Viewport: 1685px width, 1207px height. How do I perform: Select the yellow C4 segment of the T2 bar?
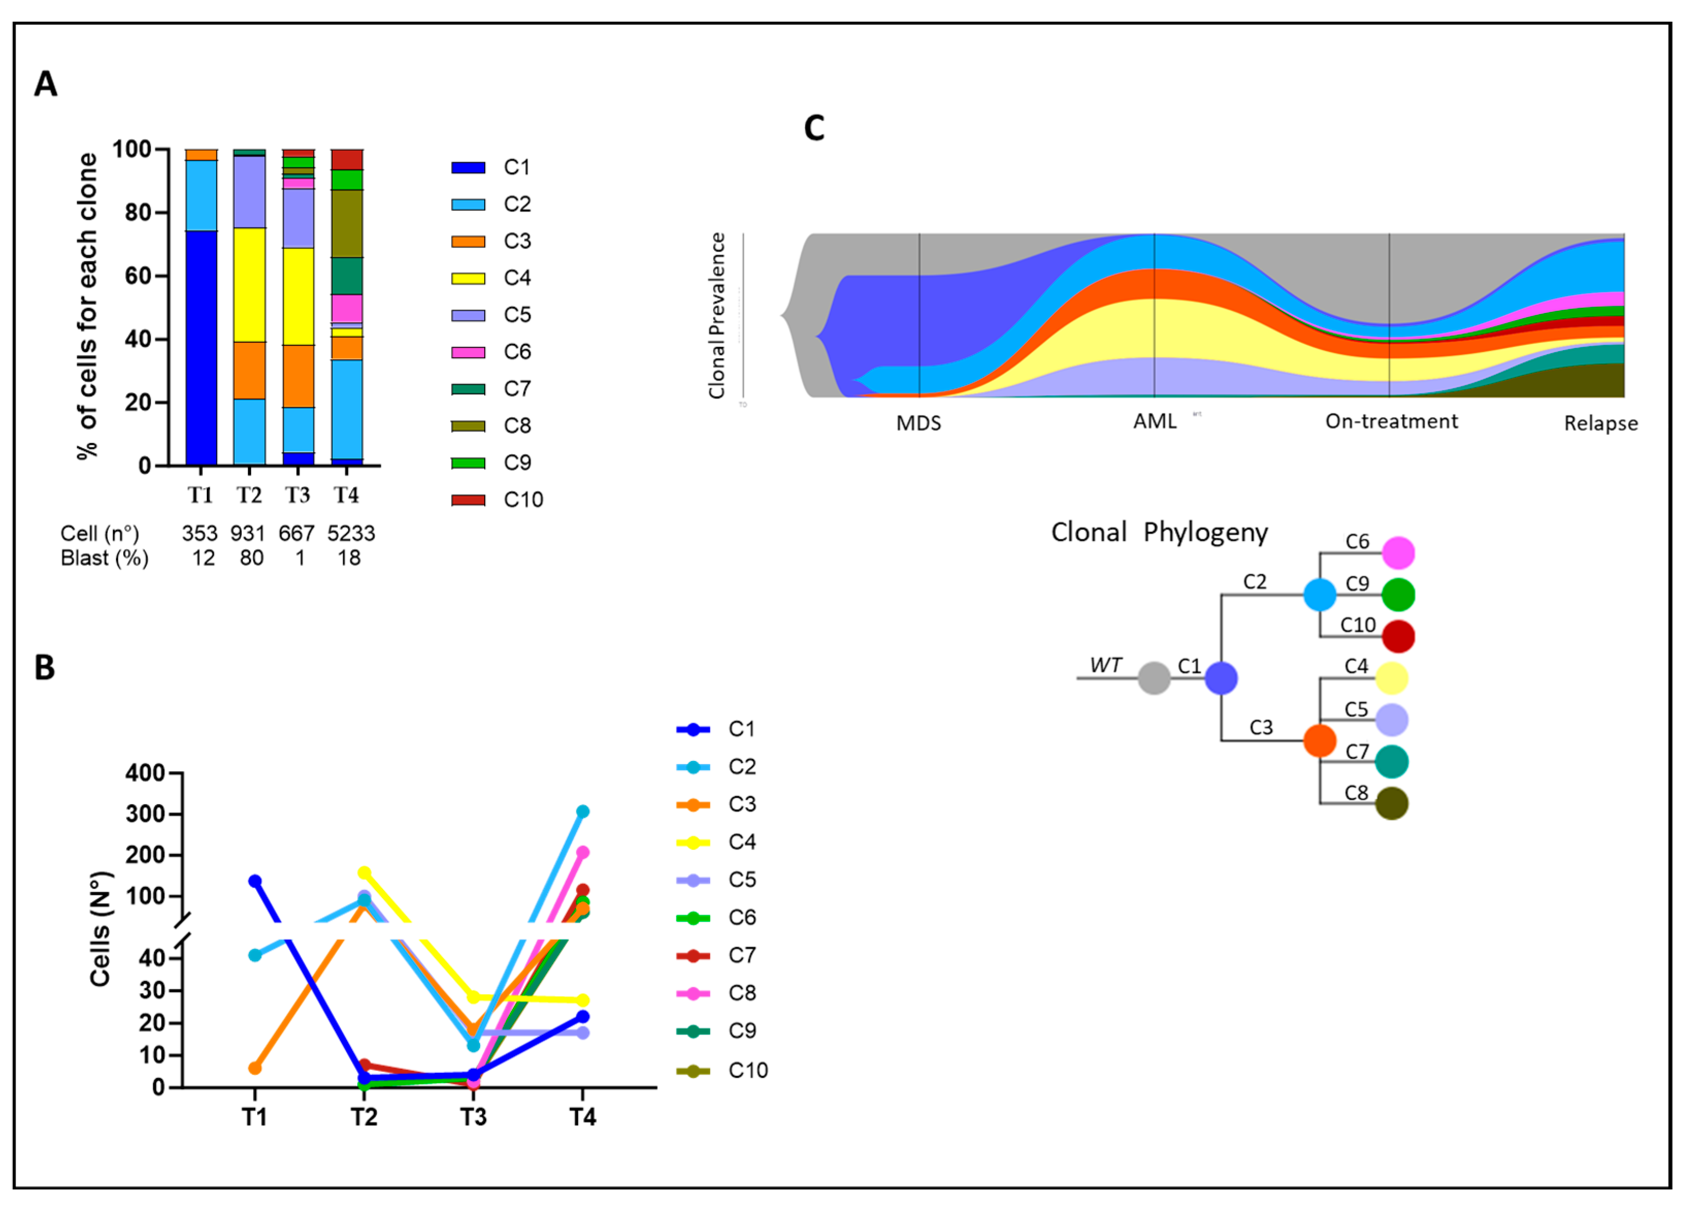[x=250, y=285]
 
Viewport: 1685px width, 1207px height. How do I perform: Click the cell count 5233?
[x=351, y=533]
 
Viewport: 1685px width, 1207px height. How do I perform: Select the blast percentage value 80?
[x=251, y=558]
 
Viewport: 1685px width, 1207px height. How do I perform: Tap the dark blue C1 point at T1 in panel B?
[x=255, y=881]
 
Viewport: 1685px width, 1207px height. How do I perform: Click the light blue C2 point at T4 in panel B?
[x=583, y=811]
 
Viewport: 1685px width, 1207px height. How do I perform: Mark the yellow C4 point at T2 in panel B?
[x=364, y=873]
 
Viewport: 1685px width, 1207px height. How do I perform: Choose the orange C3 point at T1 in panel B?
[x=255, y=1068]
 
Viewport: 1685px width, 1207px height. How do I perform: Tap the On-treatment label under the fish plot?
[x=1392, y=421]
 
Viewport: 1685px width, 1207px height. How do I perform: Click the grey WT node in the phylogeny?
[x=1154, y=678]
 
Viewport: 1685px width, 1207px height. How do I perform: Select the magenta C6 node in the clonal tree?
[x=1398, y=553]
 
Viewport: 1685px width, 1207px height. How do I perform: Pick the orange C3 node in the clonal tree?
[x=1319, y=740]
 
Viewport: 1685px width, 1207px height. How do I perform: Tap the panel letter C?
[x=814, y=128]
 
